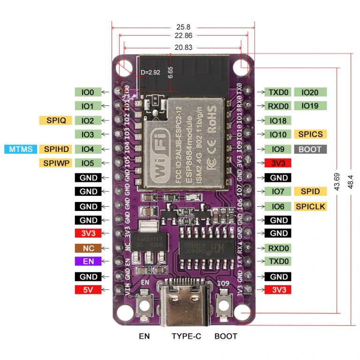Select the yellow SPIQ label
(56, 120)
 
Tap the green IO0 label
(88, 92)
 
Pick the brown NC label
(88, 248)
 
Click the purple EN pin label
(88, 262)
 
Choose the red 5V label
(88, 290)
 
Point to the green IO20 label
(310, 92)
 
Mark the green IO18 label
(278, 120)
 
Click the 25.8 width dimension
(183, 27)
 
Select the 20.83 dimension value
(183, 47)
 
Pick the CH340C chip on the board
(206, 247)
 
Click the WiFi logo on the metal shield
(159, 152)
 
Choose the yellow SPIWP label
(56, 163)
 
